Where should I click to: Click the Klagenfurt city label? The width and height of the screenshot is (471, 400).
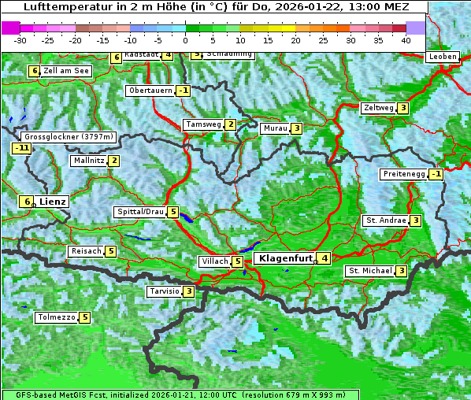pos(283,258)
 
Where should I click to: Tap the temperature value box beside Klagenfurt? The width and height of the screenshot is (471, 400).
pos(324,258)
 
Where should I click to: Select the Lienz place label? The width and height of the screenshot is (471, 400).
pos(53,202)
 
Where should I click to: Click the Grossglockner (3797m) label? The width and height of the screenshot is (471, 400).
pos(69,136)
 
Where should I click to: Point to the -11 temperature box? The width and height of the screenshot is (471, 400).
pos(21,147)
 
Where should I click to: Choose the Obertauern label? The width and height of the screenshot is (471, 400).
pos(150,91)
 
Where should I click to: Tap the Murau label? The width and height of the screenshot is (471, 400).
pos(274,128)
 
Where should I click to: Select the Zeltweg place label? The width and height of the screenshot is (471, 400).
pos(378,108)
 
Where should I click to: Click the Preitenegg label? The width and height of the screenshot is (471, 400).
pos(404,174)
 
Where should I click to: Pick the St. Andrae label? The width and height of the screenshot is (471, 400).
pos(385,220)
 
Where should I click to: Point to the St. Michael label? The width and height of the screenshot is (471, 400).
pos(370,271)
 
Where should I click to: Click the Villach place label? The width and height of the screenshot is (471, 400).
pos(214,261)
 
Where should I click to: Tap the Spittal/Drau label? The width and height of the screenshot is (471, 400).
pos(140,212)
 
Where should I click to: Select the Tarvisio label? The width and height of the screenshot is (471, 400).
pos(164,291)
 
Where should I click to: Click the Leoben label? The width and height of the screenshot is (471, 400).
pos(443,57)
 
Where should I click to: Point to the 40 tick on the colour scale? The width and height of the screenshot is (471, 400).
pos(406,39)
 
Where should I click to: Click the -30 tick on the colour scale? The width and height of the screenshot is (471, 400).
pos(20,39)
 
